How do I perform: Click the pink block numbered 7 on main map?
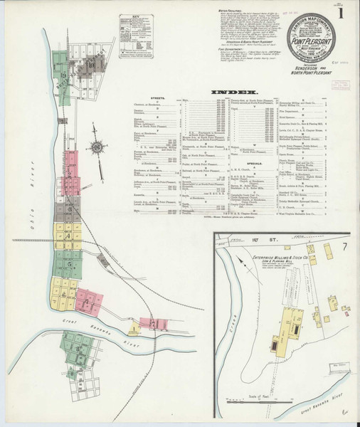155,325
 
